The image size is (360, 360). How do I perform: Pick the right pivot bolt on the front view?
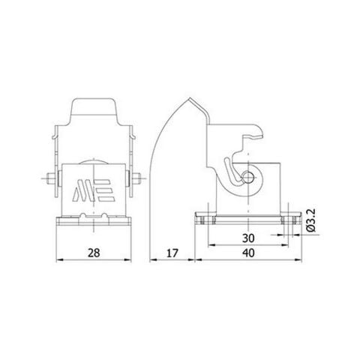(139, 180)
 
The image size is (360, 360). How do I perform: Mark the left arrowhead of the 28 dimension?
(61, 259)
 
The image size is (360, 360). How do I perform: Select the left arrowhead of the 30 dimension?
(209, 244)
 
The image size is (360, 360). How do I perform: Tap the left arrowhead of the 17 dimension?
(150, 259)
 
